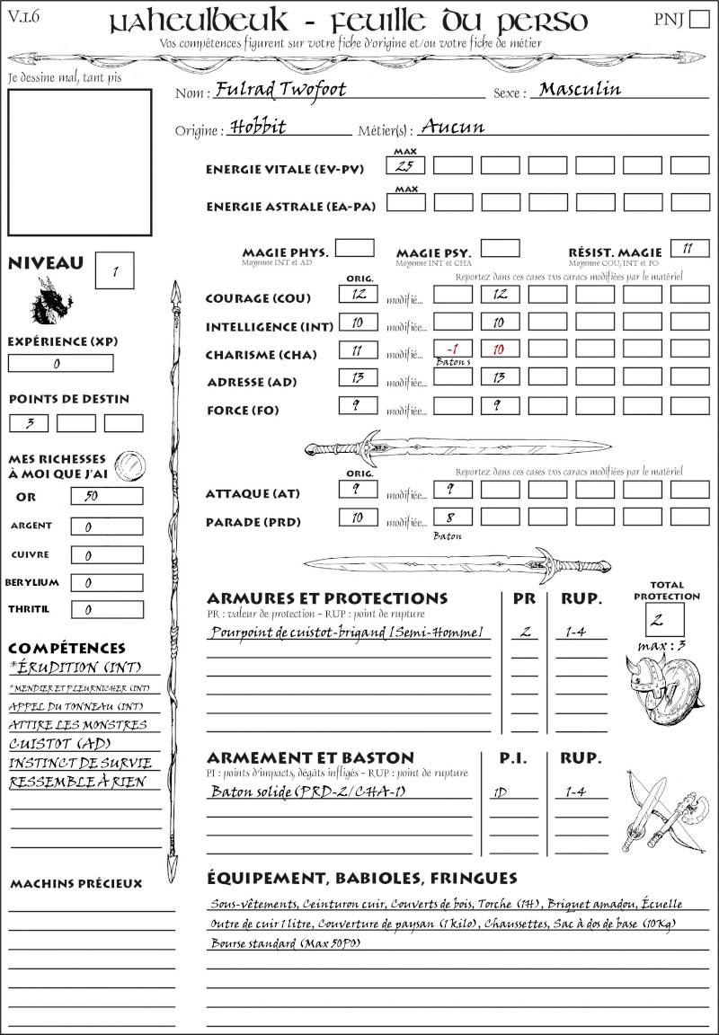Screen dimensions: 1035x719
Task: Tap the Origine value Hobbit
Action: (257, 127)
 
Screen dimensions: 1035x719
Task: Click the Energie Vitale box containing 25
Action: (404, 165)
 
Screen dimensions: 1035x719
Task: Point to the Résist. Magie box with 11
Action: (689, 248)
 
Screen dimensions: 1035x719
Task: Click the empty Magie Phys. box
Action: (355, 248)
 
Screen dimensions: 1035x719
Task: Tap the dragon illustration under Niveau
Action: (50, 300)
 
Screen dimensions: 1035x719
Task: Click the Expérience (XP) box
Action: (61, 364)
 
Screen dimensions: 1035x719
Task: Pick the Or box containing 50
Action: (106, 496)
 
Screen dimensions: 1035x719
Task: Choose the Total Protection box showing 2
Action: (664, 620)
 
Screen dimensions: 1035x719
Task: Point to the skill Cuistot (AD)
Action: (58, 744)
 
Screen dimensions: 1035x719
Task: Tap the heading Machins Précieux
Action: (75, 884)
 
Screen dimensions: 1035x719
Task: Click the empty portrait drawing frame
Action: (79, 161)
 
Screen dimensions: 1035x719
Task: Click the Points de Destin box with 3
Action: (30, 423)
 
